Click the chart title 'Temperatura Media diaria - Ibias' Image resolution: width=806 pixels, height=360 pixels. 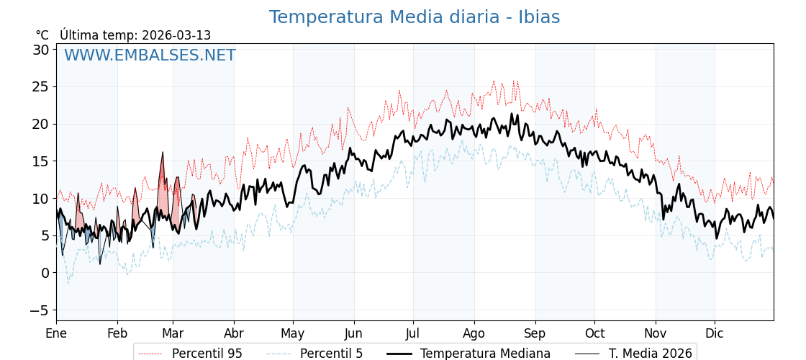click(x=414, y=17)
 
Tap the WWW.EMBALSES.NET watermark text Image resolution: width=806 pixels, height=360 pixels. click(x=150, y=55)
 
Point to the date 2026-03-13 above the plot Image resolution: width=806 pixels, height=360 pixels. click(x=176, y=35)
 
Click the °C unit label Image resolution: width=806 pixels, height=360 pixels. click(x=42, y=35)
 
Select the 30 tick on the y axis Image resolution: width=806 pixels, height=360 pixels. click(x=40, y=50)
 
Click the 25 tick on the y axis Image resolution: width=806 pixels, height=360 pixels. click(x=40, y=87)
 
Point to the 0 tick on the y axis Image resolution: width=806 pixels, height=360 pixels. click(x=45, y=273)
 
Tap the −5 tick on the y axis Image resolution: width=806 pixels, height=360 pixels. click(x=40, y=310)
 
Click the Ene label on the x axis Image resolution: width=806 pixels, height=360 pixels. click(x=56, y=334)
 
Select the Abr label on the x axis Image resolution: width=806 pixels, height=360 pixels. click(x=234, y=334)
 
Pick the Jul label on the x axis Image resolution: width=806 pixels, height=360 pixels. click(x=413, y=334)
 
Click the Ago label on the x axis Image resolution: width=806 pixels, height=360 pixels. click(x=474, y=334)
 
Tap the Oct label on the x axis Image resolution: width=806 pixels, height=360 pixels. click(x=594, y=334)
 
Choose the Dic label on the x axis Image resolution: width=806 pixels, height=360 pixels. click(x=715, y=334)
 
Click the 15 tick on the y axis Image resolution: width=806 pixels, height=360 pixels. click(x=40, y=161)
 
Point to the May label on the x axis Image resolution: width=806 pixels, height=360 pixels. click(x=293, y=334)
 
